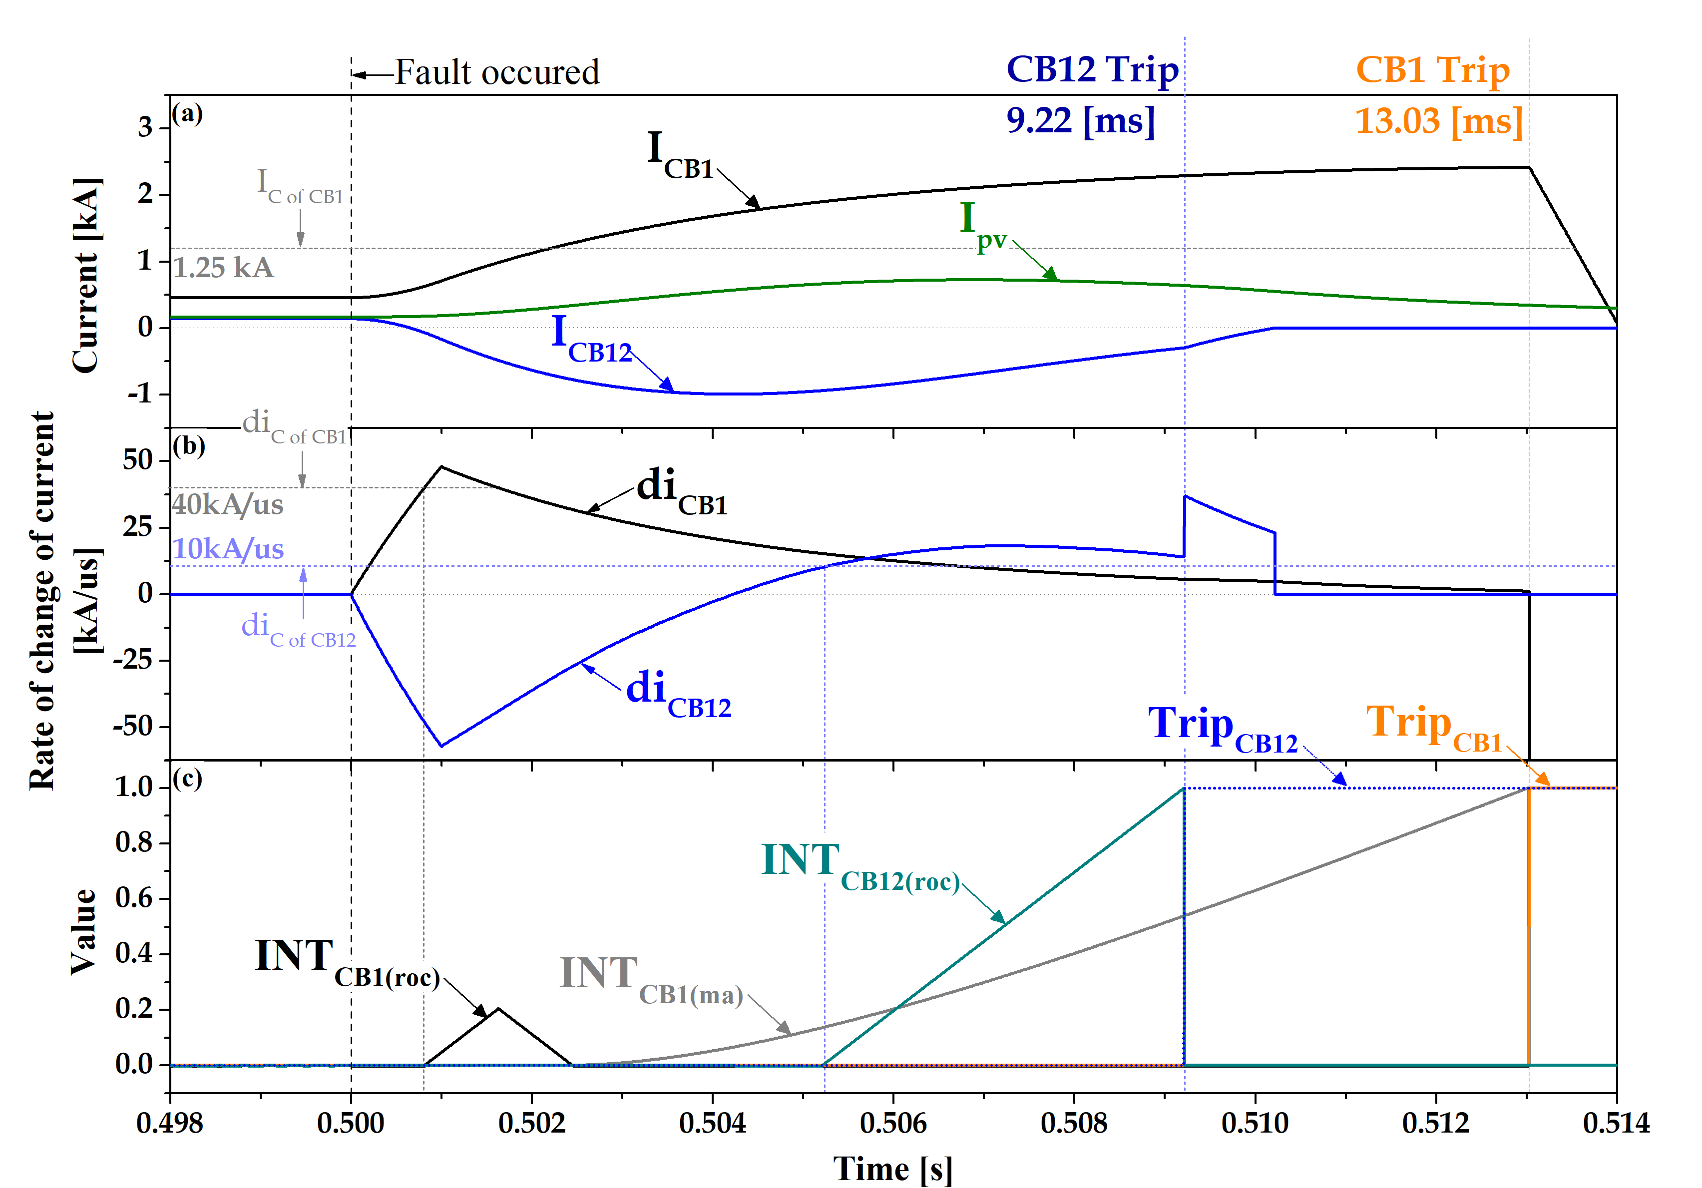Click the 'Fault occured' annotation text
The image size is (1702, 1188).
click(x=496, y=72)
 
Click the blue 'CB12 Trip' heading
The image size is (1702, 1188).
click(x=1092, y=70)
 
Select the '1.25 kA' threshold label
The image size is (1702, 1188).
click(x=223, y=268)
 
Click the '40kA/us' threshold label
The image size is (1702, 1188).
click(x=228, y=505)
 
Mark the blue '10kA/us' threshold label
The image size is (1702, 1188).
click(x=228, y=549)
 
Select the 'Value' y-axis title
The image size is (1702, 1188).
click(x=83, y=932)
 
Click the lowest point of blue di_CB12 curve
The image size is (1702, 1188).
click(x=442, y=746)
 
